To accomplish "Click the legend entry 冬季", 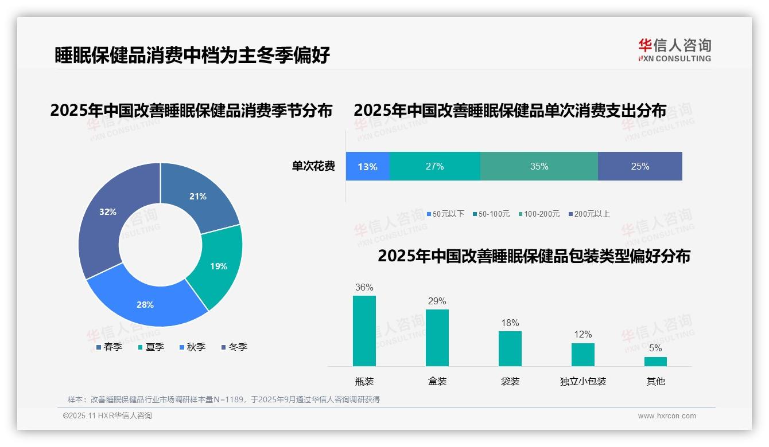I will point(234,347).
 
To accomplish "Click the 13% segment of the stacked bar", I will point(367,167).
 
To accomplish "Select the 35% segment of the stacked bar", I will point(539,167).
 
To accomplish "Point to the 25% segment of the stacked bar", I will point(640,167).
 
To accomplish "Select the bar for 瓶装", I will point(364,331).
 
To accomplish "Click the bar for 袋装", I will point(510,348).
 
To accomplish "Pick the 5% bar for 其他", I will point(655,362).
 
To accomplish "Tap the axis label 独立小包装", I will point(583,381).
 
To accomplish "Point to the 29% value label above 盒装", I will point(437,301).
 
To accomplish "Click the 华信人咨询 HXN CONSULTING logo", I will point(674,50).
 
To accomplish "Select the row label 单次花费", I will point(313,167).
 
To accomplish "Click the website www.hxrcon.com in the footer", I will point(667,416).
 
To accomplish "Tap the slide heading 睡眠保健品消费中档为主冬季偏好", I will point(192,55).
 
